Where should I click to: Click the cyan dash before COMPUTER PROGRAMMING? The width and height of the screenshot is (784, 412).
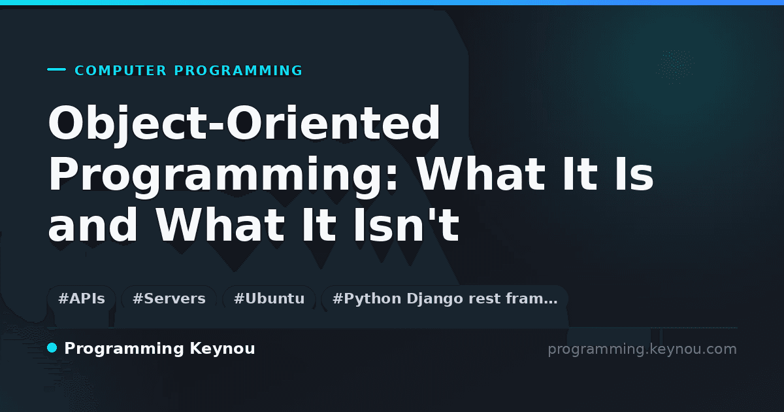56,69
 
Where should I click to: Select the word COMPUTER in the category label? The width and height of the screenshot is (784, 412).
120,71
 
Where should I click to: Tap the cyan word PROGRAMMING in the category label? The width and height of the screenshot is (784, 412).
238,71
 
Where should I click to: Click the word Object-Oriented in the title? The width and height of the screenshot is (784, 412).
244,124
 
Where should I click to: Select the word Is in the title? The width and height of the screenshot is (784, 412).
634,174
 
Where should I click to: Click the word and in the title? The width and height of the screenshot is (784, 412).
93,224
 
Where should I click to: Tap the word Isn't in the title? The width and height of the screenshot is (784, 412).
406,224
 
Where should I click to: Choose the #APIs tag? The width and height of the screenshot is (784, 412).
82,299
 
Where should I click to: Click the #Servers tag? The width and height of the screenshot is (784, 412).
169,299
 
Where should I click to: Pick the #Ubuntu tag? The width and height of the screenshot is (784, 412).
269,299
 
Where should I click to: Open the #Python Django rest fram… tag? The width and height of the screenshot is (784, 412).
444,299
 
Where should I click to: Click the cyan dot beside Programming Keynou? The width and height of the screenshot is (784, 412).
52,348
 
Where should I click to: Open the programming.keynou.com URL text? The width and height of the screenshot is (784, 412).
642,349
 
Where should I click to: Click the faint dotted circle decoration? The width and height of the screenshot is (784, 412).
676,67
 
